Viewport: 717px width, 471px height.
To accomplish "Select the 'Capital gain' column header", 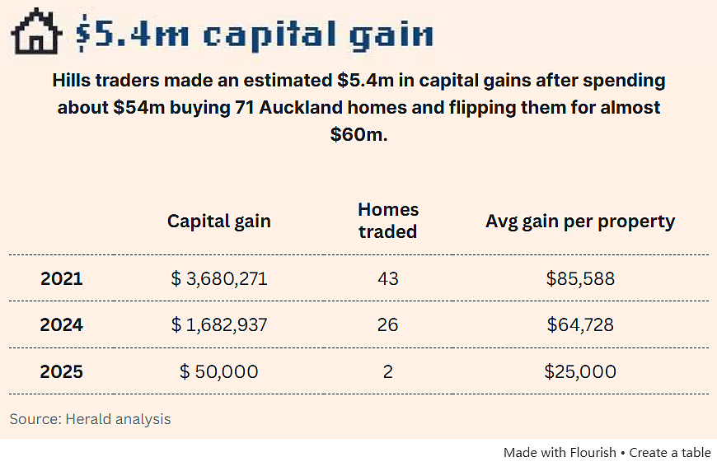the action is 219,222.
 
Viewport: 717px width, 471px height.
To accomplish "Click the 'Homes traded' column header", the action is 388,221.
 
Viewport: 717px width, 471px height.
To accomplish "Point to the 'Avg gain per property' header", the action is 580,222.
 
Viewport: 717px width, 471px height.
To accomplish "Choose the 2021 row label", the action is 62,278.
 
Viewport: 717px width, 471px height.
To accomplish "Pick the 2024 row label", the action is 62,324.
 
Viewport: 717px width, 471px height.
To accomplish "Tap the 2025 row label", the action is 62,371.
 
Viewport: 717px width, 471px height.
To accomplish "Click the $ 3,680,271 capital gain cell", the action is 219,278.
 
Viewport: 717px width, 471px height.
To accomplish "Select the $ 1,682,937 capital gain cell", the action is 219,324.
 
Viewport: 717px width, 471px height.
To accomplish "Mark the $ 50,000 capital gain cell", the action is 219,371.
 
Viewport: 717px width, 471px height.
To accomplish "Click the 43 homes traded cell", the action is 388,278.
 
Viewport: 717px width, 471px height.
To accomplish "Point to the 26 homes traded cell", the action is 388,324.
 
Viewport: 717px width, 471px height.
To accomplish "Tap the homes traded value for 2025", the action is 388,371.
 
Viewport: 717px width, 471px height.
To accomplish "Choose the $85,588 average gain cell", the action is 580,278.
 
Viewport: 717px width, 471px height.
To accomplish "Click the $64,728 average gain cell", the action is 580,324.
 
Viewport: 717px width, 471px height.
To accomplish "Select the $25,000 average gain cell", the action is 580,371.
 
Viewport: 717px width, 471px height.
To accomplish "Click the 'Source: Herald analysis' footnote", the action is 90,419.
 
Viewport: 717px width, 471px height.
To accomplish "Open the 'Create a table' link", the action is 670,453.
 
